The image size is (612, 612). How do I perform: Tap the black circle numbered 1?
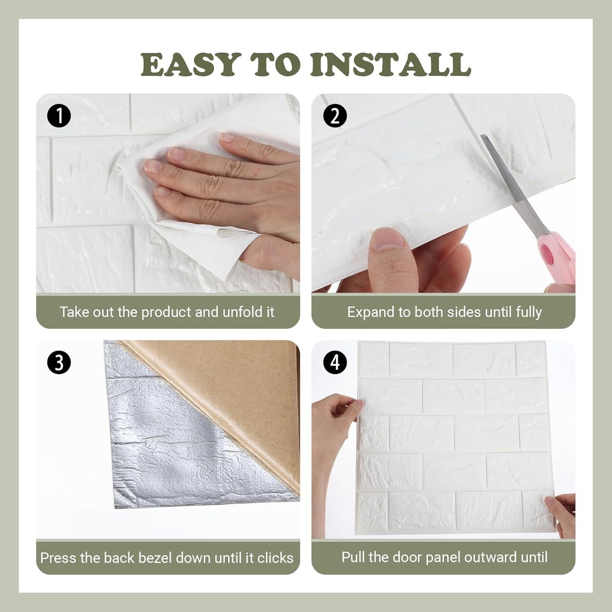click(x=59, y=116)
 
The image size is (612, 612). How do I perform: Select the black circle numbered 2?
click(x=335, y=116)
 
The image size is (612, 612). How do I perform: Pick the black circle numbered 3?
click(x=59, y=362)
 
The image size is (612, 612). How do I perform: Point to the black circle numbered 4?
click(x=335, y=362)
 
